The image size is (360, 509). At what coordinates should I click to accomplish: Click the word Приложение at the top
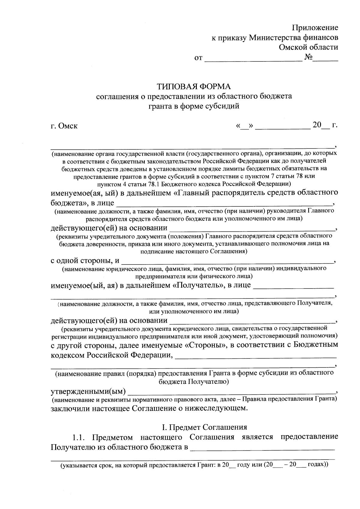point(315,28)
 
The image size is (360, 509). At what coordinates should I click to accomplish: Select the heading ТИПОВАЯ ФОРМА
point(194,87)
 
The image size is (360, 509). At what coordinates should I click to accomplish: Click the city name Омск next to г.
point(67,126)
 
